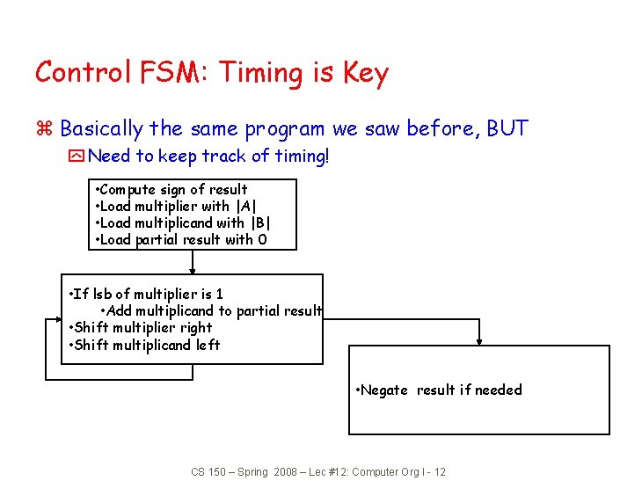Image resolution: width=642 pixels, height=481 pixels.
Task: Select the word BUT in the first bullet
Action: click(507, 128)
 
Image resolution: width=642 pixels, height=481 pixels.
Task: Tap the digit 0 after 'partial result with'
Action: click(262, 239)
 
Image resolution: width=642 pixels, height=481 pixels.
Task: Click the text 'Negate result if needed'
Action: click(440, 390)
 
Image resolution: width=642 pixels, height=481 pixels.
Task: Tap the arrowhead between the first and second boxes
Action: click(193, 271)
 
